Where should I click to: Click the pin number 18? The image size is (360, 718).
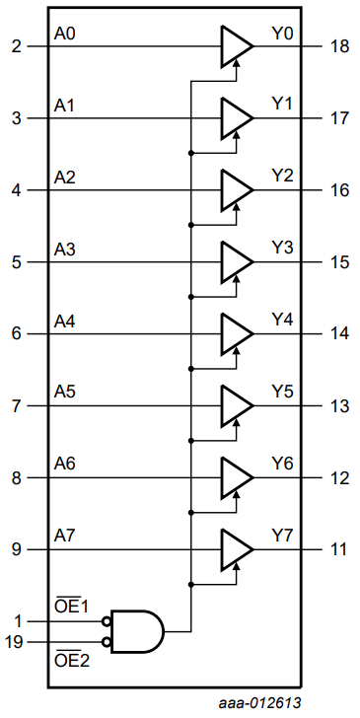pyautogui.click(x=339, y=46)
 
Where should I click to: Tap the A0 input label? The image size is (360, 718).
pyautogui.click(x=64, y=35)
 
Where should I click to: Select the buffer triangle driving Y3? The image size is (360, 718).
pyautogui.click(x=237, y=262)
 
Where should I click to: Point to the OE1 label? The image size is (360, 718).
pyautogui.click(x=72, y=607)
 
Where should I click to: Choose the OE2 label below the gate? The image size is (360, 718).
pyautogui.click(x=72, y=661)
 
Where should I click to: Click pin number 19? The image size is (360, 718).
pyautogui.click(x=14, y=643)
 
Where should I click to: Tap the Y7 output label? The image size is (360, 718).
pyautogui.click(x=282, y=536)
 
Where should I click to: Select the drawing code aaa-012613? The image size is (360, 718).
pyautogui.click(x=259, y=703)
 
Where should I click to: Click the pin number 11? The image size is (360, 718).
pyautogui.click(x=338, y=549)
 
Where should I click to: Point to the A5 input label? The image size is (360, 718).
pyautogui.click(x=64, y=392)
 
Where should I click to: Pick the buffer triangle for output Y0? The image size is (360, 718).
pyautogui.click(x=237, y=46)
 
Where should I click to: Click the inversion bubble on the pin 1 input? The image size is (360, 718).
pyautogui.click(x=107, y=621)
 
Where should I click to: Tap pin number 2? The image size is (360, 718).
pyautogui.click(x=17, y=46)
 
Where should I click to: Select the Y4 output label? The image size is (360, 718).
pyautogui.click(x=282, y=320)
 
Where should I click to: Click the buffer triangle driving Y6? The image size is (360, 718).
pyautogui.click(x=237, y=477)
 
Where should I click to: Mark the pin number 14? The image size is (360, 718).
pyautogui.click(x=339, y=333)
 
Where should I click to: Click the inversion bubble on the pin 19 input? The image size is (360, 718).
pyautogui.click(x=107, y=642)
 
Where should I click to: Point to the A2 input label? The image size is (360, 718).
pyautogui.click(x=64, y=178)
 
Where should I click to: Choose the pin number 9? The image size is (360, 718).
pyautogui.click(x=17, y=549)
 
